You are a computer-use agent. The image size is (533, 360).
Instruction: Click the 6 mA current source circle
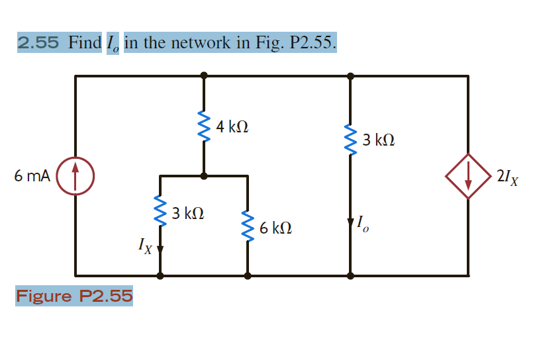point(75,176)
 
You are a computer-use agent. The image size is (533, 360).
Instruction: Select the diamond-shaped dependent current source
point(468,176)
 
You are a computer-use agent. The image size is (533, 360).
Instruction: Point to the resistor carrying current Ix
point(160,212)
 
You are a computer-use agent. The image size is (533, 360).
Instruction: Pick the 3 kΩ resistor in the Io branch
point(350,138)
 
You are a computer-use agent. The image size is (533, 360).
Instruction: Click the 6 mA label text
point(32,176)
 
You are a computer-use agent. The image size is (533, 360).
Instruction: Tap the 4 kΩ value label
point(232,126)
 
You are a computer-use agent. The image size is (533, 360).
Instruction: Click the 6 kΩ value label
point(275,228)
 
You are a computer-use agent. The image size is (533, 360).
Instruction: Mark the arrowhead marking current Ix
point(160,249)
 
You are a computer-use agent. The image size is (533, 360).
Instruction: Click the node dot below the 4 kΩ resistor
point(203,176)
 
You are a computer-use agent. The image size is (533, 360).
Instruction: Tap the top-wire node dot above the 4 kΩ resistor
point(203,75)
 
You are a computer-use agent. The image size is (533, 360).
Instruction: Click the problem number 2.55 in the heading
point(38,44)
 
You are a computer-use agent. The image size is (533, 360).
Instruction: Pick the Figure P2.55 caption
point(74,295)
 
